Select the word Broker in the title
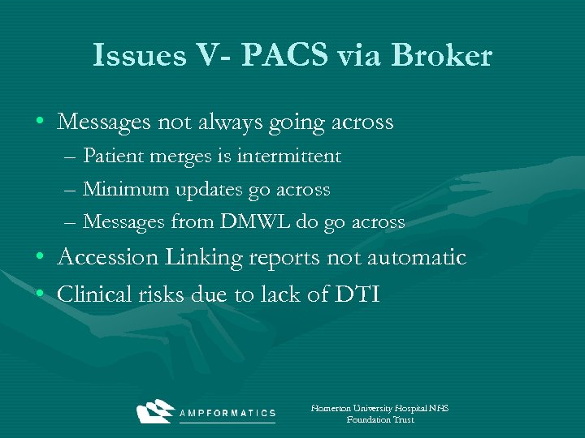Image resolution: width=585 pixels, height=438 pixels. [443, 56]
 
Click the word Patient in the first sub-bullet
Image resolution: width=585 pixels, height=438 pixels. [114, 156]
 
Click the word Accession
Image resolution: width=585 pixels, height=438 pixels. [108, 258]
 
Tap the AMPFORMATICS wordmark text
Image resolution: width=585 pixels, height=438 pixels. [228, 413]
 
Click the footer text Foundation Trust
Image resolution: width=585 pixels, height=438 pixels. [380, 420]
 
